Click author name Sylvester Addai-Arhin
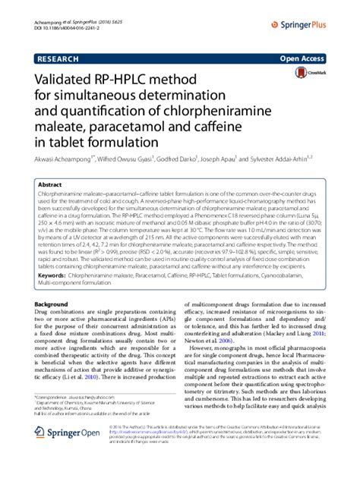click(x=295, y=161)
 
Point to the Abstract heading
click(x=50, y=184)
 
